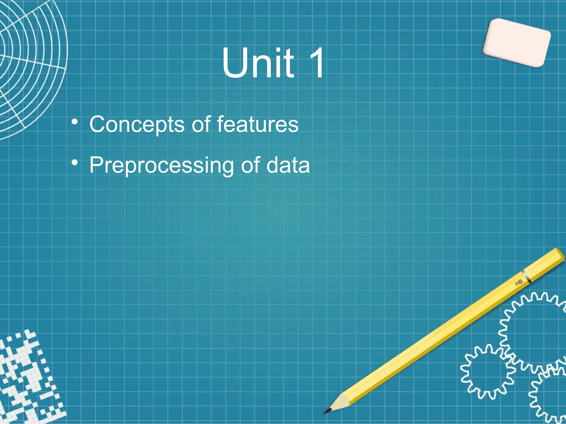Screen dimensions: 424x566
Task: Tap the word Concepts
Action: coord(137,124)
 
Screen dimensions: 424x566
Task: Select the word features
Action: coord(258,124)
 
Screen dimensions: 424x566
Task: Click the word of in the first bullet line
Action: coord(201,124)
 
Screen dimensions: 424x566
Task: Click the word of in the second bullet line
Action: coord(250,165)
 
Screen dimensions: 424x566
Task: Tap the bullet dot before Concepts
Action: coord(74,122)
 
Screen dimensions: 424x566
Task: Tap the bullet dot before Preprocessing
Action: coord(74,163)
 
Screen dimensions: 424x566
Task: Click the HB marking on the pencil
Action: coord(519,282)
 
